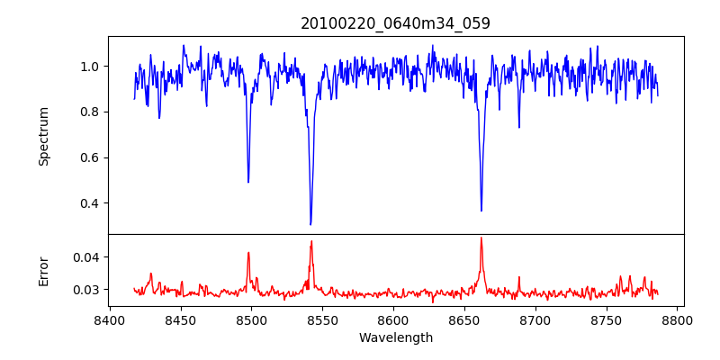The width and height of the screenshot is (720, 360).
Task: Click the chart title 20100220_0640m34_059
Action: point(395,23)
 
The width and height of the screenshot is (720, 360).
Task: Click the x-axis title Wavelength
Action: point(395,337)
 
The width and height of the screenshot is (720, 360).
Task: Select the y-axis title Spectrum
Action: point(44,136)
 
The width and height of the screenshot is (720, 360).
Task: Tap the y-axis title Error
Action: point(44,271)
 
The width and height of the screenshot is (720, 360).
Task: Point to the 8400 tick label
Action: point(109,320)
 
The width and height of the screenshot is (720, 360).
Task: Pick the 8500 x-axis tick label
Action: point(251,320)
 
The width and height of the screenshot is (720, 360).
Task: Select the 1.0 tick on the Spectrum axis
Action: point(90,67)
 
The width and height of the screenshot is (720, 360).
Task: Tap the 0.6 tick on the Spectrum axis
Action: point(90,157)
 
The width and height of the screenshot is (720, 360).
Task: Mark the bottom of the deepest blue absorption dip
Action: point(310,224)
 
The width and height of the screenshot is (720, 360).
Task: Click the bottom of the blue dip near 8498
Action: point(248,182)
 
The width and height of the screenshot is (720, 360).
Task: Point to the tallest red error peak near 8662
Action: point(481,238)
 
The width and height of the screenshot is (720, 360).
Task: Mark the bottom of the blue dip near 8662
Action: point(481,211)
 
